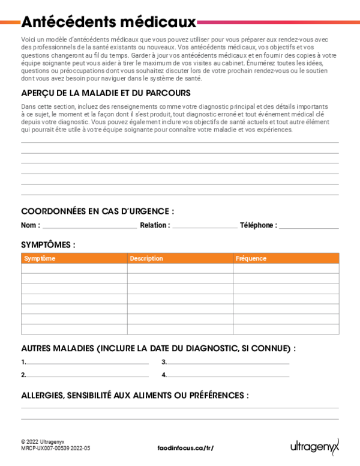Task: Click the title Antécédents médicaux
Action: coord(109,23)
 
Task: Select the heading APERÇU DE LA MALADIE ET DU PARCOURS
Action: coord(106,92)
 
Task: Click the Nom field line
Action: coord(89,227)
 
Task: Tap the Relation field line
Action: coord(205,227)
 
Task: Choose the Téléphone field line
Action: coord(308,227)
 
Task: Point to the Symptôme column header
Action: coord(40,258)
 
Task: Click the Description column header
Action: coord(146,258)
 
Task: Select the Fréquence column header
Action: coord(251,258)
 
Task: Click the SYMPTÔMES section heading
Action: coord(48,244)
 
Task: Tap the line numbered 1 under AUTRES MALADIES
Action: coord(88,363)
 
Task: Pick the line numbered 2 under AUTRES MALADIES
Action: coord(88,376)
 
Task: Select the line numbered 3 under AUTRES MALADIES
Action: coord(228,363)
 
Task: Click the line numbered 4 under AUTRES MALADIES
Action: coord(228,376)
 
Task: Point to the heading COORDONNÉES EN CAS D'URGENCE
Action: coord(98,211)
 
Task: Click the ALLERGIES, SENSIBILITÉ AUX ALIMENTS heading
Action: coord(134,395)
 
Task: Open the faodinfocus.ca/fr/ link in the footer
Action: coord(185,448)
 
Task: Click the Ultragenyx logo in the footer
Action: coord(315,446)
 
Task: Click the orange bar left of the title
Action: coord(10,22)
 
